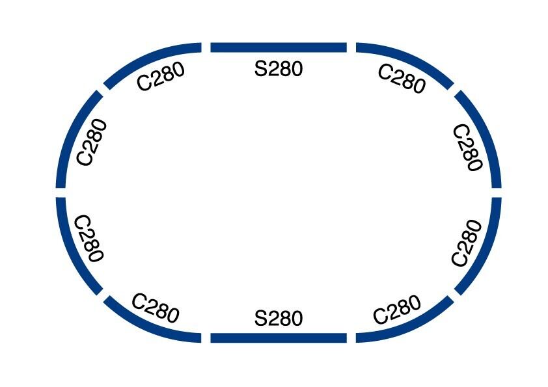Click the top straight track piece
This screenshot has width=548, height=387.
(278, 47)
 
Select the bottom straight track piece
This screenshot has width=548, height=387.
(278, 338)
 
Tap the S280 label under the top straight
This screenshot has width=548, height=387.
(279, 68)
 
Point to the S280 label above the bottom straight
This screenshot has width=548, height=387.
(279, 319)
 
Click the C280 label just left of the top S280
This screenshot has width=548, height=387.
(160, 78)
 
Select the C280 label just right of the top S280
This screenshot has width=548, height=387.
(402, 79)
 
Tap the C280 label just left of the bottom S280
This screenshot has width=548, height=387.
(155, 308)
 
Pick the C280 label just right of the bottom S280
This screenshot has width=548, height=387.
(397, 310)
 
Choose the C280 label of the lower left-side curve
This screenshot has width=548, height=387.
(89, 238)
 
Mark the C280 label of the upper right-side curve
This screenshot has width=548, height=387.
(467, 148)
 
